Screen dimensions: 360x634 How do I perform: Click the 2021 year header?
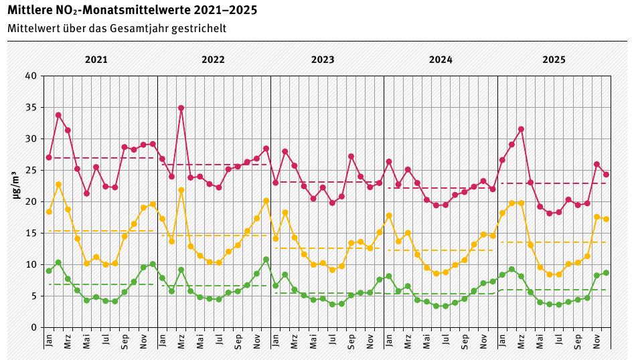96,59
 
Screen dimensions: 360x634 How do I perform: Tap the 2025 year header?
554,59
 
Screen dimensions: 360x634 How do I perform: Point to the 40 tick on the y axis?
31,76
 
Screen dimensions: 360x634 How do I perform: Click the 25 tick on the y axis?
31,170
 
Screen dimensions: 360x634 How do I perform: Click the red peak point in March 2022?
181,108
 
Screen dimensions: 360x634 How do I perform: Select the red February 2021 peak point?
58,115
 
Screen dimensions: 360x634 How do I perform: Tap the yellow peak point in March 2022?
181,190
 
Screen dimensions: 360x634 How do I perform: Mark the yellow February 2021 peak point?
58,184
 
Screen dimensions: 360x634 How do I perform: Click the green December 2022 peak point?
266,260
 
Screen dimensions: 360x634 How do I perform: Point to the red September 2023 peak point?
351,157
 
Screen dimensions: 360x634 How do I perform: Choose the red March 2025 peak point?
521,129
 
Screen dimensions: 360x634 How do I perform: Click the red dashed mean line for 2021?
100,158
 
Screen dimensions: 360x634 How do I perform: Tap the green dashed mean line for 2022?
214,286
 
